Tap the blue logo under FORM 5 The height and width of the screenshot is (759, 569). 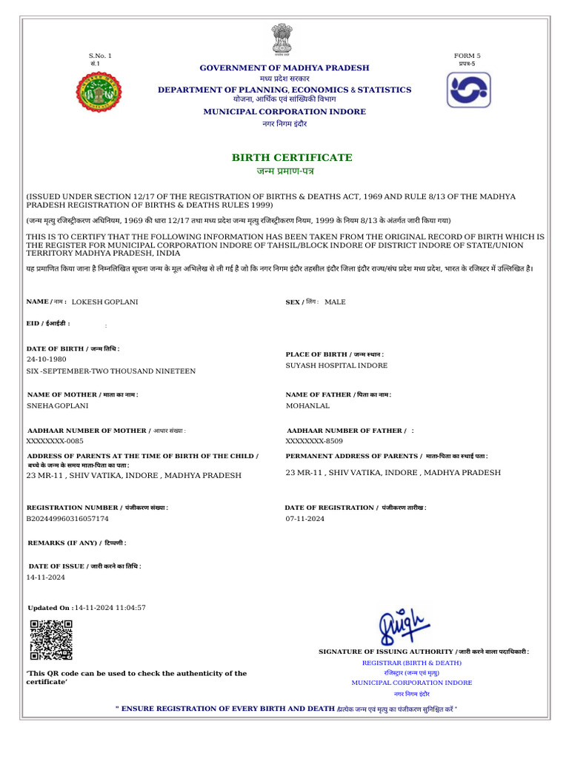point(467,90)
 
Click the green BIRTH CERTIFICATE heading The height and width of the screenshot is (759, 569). point(292,158)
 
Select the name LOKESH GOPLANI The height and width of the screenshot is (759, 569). point(104,302)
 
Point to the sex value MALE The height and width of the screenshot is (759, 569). point(335,302)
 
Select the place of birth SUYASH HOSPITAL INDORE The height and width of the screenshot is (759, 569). point(336,365)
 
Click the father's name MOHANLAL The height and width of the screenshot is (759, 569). point(307,406)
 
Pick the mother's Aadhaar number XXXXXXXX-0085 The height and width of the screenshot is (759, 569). point(55,441)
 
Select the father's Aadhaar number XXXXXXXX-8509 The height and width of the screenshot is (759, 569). point(314,441)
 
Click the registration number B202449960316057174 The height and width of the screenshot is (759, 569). point(67,519)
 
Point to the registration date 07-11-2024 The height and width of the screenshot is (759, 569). point(305,519)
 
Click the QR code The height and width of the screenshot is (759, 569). point(51,640)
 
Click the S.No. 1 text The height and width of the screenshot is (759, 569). point(100,56)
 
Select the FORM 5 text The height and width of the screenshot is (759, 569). point(467,56)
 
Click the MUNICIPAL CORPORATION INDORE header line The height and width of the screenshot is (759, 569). point(284,112)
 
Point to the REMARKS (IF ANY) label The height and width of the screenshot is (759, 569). point(76,543)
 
